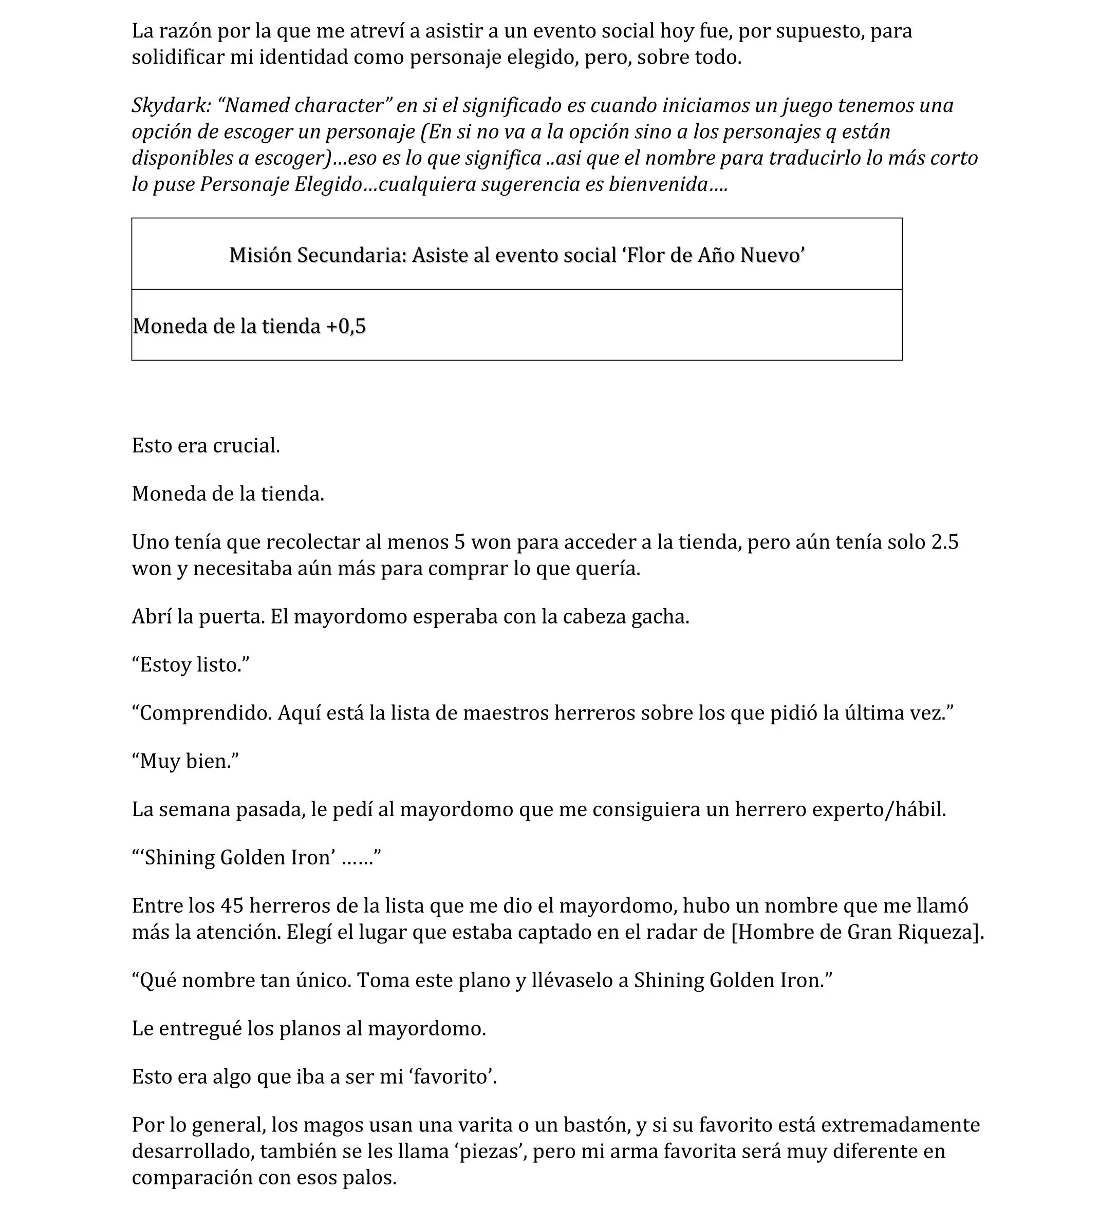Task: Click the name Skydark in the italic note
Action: (169, 106)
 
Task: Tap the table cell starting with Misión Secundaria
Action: (517, 255)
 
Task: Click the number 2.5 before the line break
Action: (944, 542)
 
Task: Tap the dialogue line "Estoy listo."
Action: (191, 665)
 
